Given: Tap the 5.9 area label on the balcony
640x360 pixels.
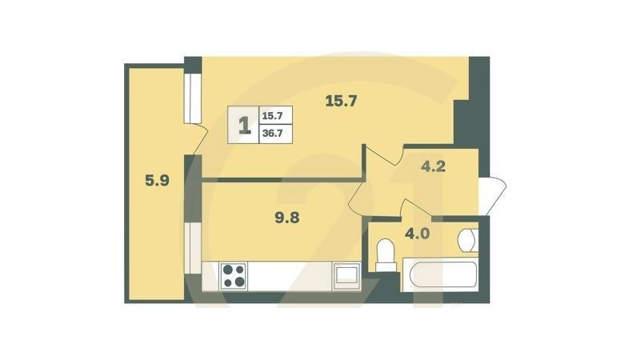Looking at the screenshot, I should click(x=156, y=181).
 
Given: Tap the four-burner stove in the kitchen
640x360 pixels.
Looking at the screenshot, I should click(x=234, y=275).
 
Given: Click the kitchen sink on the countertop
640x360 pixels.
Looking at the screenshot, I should click(x=346, y=274).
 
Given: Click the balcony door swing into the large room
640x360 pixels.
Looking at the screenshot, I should click(x=196, y=144).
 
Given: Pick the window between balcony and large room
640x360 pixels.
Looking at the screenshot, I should click(x=192, y=99).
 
